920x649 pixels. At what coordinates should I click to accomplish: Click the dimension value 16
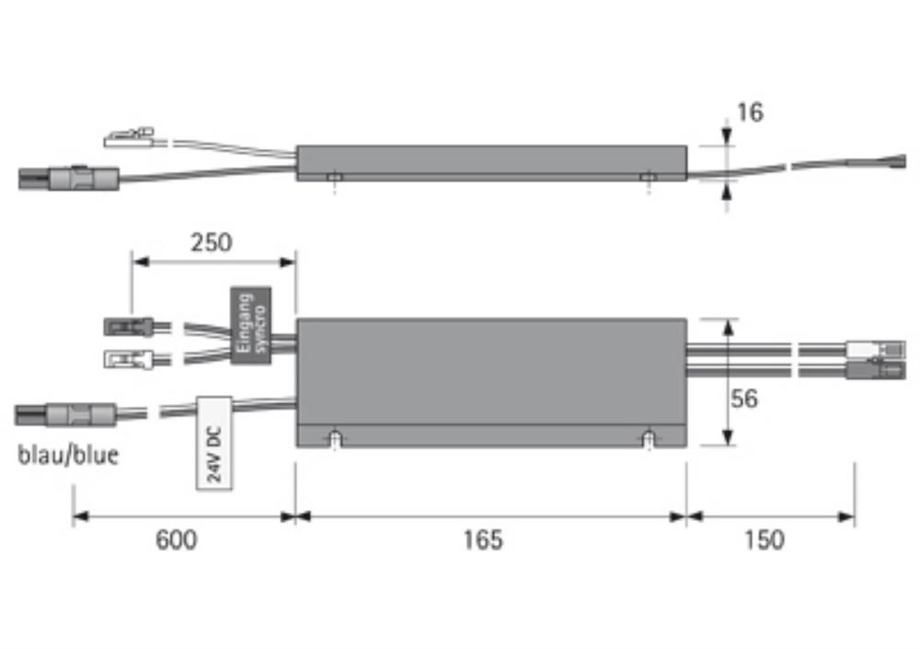(x=750, y=112)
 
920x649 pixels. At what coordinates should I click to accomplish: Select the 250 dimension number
(x=212, y=242)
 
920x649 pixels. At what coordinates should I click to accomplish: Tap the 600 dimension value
(x=176, y=539)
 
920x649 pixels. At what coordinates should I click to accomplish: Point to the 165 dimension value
(x=483, y=539)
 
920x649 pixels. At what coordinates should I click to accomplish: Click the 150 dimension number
(x=765, y=539)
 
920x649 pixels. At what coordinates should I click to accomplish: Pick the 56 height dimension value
(x=744, y=399)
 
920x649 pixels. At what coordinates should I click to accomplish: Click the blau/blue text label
(x=68, y=455)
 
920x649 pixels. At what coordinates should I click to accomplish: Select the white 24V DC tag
(x=214, y=444)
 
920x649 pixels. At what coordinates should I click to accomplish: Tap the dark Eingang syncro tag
(x=250, y=325)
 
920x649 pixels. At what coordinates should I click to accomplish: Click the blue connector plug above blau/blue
(x=65, y=414)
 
